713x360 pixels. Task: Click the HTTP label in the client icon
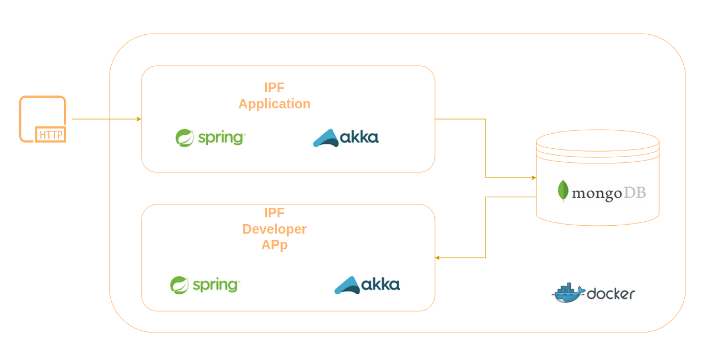pos(51,135)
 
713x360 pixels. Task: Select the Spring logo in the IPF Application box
pos(210,138)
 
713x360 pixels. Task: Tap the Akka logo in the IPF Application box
pos(346,138)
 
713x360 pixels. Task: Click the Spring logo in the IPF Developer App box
pos(205,285)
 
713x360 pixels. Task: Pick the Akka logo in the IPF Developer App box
pos(367,285)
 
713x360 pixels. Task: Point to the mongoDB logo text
pos(602,193)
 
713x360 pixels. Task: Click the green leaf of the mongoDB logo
pos(563,190)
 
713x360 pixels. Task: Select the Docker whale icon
pos(568,293)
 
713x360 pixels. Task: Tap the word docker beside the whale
pos(611,294)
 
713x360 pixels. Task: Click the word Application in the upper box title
pos(274,104)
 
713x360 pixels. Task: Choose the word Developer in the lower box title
pos(274,229)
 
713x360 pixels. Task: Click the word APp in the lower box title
pos(274,245)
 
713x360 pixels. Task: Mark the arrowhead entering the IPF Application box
pos(139,119)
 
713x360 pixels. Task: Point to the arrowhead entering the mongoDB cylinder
pos(534,178)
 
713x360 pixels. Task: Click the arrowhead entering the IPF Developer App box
pos(438,258)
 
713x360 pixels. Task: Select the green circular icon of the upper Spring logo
pos(184,138)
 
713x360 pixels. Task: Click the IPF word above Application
pos(274,88)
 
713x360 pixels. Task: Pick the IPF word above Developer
pos(274,213)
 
